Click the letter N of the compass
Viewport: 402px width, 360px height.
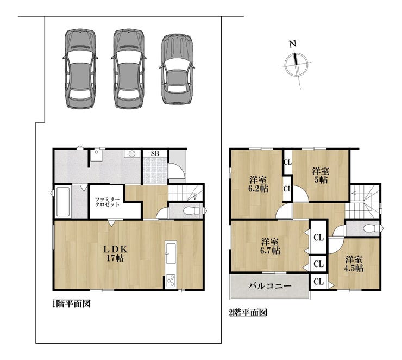click(x=293, y=44)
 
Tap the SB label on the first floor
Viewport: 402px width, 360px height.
click(x=155, y=153)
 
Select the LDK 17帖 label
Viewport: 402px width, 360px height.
click(x=115, y=253)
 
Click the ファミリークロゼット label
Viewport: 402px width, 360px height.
click(x=108, y=202)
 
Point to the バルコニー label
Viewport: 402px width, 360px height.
click(x=270, y=286)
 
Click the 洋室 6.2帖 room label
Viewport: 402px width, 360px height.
click(x=258, y=184)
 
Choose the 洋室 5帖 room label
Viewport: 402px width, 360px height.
click(x=321, y=175)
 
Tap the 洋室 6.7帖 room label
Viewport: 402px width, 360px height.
click(x=270, y=246)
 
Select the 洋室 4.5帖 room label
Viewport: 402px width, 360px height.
click(x=354, y=264)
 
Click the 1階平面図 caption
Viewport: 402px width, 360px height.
click(x=71, y=304)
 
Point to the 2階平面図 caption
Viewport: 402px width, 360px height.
click(x=248, y=313)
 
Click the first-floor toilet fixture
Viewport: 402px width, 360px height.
click(x=192, y=210)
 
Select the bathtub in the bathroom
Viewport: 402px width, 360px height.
click(x=63, y=202)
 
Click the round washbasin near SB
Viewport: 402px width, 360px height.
click(x=132, y=154)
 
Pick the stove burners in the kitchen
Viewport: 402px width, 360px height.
click(x=171, y=281)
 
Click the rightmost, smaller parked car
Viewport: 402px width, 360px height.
click(x=177, y=69)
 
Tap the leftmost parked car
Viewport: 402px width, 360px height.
click(x=80, y=69)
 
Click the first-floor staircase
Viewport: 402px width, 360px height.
click(x=185, y=193)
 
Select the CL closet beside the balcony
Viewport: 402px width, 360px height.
click(x=319, y=282)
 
